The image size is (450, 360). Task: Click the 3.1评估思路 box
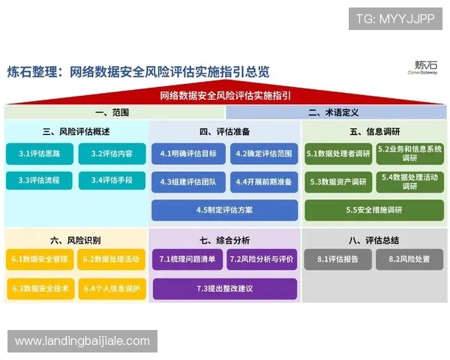[40, 154]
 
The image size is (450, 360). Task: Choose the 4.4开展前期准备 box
[259, 181]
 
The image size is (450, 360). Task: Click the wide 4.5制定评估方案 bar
[223, 210]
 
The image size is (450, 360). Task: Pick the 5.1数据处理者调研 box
[338, 154]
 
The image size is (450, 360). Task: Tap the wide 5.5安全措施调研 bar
[374, 210]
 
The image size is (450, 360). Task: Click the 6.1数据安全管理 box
[40, 259]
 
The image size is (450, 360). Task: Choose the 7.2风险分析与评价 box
[260, 259]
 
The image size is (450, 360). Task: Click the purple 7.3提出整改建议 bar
[223, 288]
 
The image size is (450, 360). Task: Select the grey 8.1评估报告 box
[337, 259]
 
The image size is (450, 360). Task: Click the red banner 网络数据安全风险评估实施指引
[225, 96]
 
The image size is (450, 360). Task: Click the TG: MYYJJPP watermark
[395, 18]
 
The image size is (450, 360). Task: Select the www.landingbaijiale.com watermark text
[82, 341]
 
